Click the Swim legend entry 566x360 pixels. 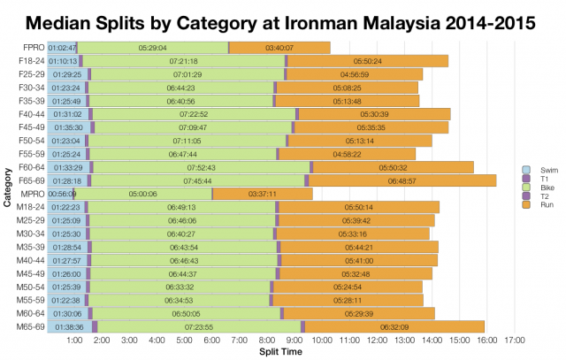[x=530, y=169]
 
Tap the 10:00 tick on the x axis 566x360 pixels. [x=321, y=340]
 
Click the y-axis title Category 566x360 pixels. [x=7, y=186]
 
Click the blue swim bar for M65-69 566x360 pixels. [x=68, y=326]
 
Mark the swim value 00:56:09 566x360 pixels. [x=63, y=194]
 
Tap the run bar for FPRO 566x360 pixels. [x=279, y=47]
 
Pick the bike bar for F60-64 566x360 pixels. [x=202, y=167]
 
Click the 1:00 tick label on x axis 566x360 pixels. [x=74, y=340]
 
